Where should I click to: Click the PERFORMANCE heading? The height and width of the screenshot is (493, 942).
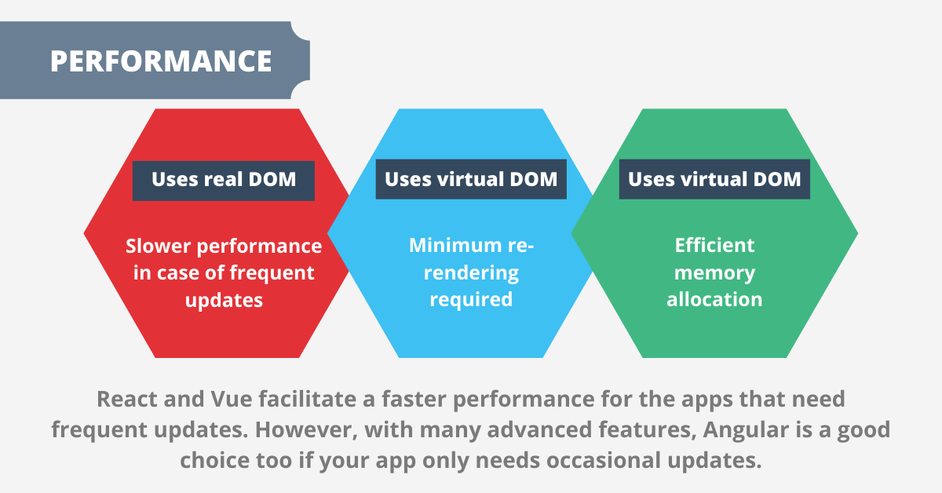(161, 61)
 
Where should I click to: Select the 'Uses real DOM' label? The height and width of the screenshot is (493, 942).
(224, 180)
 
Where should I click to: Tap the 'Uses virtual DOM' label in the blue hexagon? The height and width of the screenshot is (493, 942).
(471, 180)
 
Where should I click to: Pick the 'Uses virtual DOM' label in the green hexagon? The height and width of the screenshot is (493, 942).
(714, 180)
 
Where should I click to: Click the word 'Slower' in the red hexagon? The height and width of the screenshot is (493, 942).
(158, 246)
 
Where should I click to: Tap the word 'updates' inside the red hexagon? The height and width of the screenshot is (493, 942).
(224, 300)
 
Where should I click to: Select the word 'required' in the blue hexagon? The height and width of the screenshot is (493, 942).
(471, 300)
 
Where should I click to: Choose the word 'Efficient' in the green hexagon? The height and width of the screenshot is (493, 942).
(714, 246)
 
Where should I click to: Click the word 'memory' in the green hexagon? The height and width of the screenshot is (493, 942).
(714, 273)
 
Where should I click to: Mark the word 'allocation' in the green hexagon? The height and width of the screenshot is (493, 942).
(714, 300)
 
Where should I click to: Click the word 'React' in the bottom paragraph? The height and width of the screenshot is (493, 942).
(125, 400)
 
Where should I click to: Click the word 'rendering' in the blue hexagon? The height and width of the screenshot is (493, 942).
(471, 273)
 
